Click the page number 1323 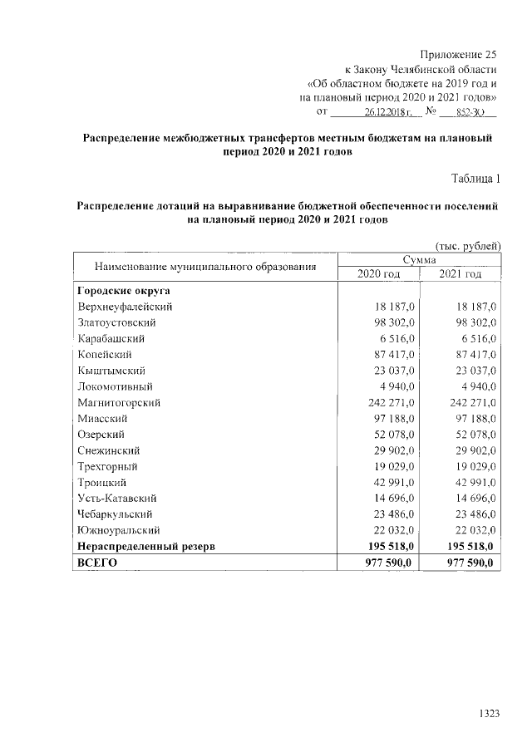(x=488, y=713)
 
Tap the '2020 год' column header (x=378, y=275)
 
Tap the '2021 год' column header (x=461, y=275)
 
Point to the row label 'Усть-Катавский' (x=116, y=498)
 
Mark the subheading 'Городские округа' (x=121, y=291)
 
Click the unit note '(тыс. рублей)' (x=468, y=245)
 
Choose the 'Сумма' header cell (x=420, y=261)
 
